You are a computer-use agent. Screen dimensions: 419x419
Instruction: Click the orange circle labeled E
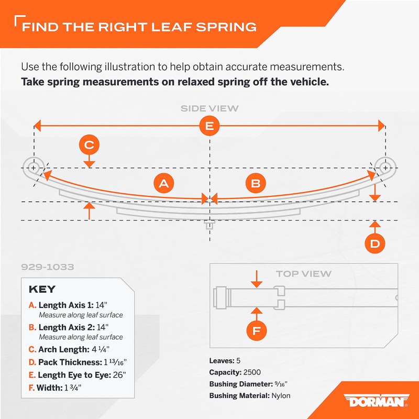209,126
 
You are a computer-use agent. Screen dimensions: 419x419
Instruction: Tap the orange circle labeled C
89,145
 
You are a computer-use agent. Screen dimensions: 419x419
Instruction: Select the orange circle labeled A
163,183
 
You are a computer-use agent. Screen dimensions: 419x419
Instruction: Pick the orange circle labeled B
256,183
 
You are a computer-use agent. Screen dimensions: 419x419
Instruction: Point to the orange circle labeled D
375,244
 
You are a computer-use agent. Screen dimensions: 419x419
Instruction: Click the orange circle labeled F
256,331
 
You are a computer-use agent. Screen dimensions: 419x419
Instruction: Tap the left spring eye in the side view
34,168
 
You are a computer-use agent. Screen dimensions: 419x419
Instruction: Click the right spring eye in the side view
385,168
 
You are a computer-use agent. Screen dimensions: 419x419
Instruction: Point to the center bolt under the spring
210,225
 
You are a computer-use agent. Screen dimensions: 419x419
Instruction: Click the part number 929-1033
48,267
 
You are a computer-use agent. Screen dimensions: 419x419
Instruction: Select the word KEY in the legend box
42,289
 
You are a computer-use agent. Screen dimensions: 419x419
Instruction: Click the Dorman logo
376,400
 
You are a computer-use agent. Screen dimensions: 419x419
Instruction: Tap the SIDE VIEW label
210,108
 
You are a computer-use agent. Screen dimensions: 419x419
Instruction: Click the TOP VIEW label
304,273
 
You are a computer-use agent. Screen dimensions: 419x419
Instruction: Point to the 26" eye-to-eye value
119,375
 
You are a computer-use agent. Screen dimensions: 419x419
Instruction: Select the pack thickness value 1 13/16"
115,362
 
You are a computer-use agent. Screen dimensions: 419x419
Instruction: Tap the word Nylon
281,396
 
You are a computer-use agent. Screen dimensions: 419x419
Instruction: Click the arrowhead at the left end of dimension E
37,126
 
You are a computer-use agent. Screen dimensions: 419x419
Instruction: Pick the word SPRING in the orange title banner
226,27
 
